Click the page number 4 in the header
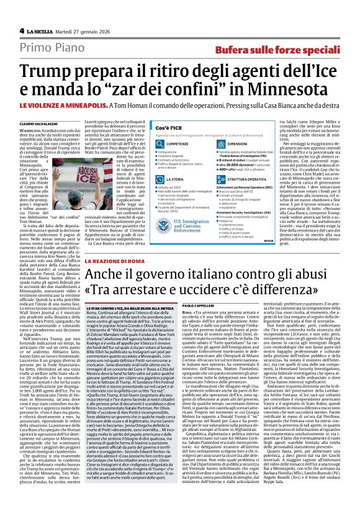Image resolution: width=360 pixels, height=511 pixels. [22, 30]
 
